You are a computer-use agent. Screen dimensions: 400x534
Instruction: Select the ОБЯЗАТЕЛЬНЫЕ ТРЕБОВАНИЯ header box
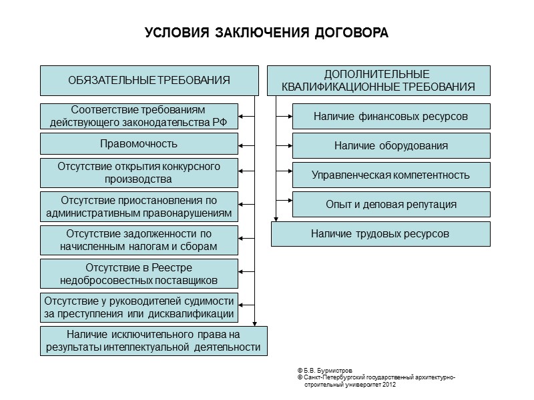(x=149, y=80)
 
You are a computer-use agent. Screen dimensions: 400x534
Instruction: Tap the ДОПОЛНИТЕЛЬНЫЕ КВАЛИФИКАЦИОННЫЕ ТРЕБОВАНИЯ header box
(x=378, y=80)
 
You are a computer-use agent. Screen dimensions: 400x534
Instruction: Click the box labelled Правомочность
(x=139, y=144)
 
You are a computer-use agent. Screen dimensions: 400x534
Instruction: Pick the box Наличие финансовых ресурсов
(x=390, y=117)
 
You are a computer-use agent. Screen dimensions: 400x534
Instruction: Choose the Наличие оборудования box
(x=390, y=145)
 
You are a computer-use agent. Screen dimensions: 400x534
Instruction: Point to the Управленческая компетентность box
(x=390, y=175)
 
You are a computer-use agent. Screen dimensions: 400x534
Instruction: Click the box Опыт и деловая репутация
(x=390, y=204)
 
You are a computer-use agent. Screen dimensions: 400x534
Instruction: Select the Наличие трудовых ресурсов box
(x=380, y=234)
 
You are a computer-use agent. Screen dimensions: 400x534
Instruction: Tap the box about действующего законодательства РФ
(x=139, y=116)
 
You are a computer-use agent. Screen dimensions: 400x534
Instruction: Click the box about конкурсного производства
(x=139, y=173)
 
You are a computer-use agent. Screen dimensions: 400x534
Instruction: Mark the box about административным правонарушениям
(x=139, y=207)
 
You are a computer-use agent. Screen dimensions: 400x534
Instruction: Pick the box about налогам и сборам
(x=139, y=240)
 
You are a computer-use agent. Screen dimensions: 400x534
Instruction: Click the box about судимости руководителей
(x=139, y=307)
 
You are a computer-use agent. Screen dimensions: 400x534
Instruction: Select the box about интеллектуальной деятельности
(x=154, y=341)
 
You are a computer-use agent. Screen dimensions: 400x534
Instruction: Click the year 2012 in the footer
(x=389, y=385)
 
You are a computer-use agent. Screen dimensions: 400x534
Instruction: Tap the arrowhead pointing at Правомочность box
(x=242, y=144)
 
